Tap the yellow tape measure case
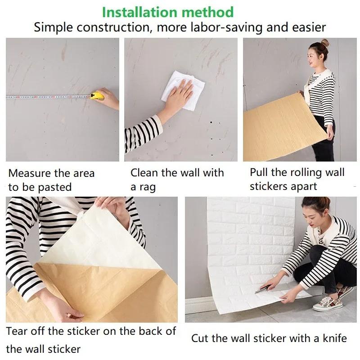97,95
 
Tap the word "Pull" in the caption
259,172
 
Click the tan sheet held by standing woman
279,130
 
